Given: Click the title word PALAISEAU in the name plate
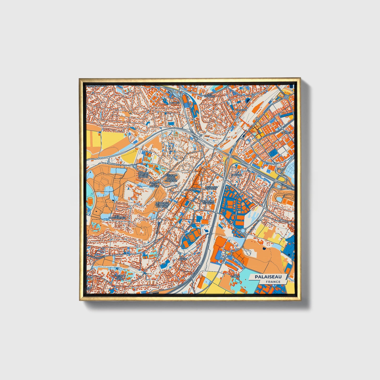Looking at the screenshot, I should pos(268,277).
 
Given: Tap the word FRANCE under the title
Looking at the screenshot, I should pos(273,282).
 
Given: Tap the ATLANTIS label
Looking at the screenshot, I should pos(286,133).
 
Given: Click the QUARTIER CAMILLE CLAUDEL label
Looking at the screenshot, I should pos(143,175).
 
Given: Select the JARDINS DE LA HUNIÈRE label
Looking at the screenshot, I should pos(154,184).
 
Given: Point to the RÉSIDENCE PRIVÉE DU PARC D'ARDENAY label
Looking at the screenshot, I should pos(171,178).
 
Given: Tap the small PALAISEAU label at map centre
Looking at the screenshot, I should pos(190,190).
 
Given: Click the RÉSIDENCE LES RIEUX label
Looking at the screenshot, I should pos(208,202).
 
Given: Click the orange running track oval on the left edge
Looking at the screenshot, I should pos(90,202).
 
